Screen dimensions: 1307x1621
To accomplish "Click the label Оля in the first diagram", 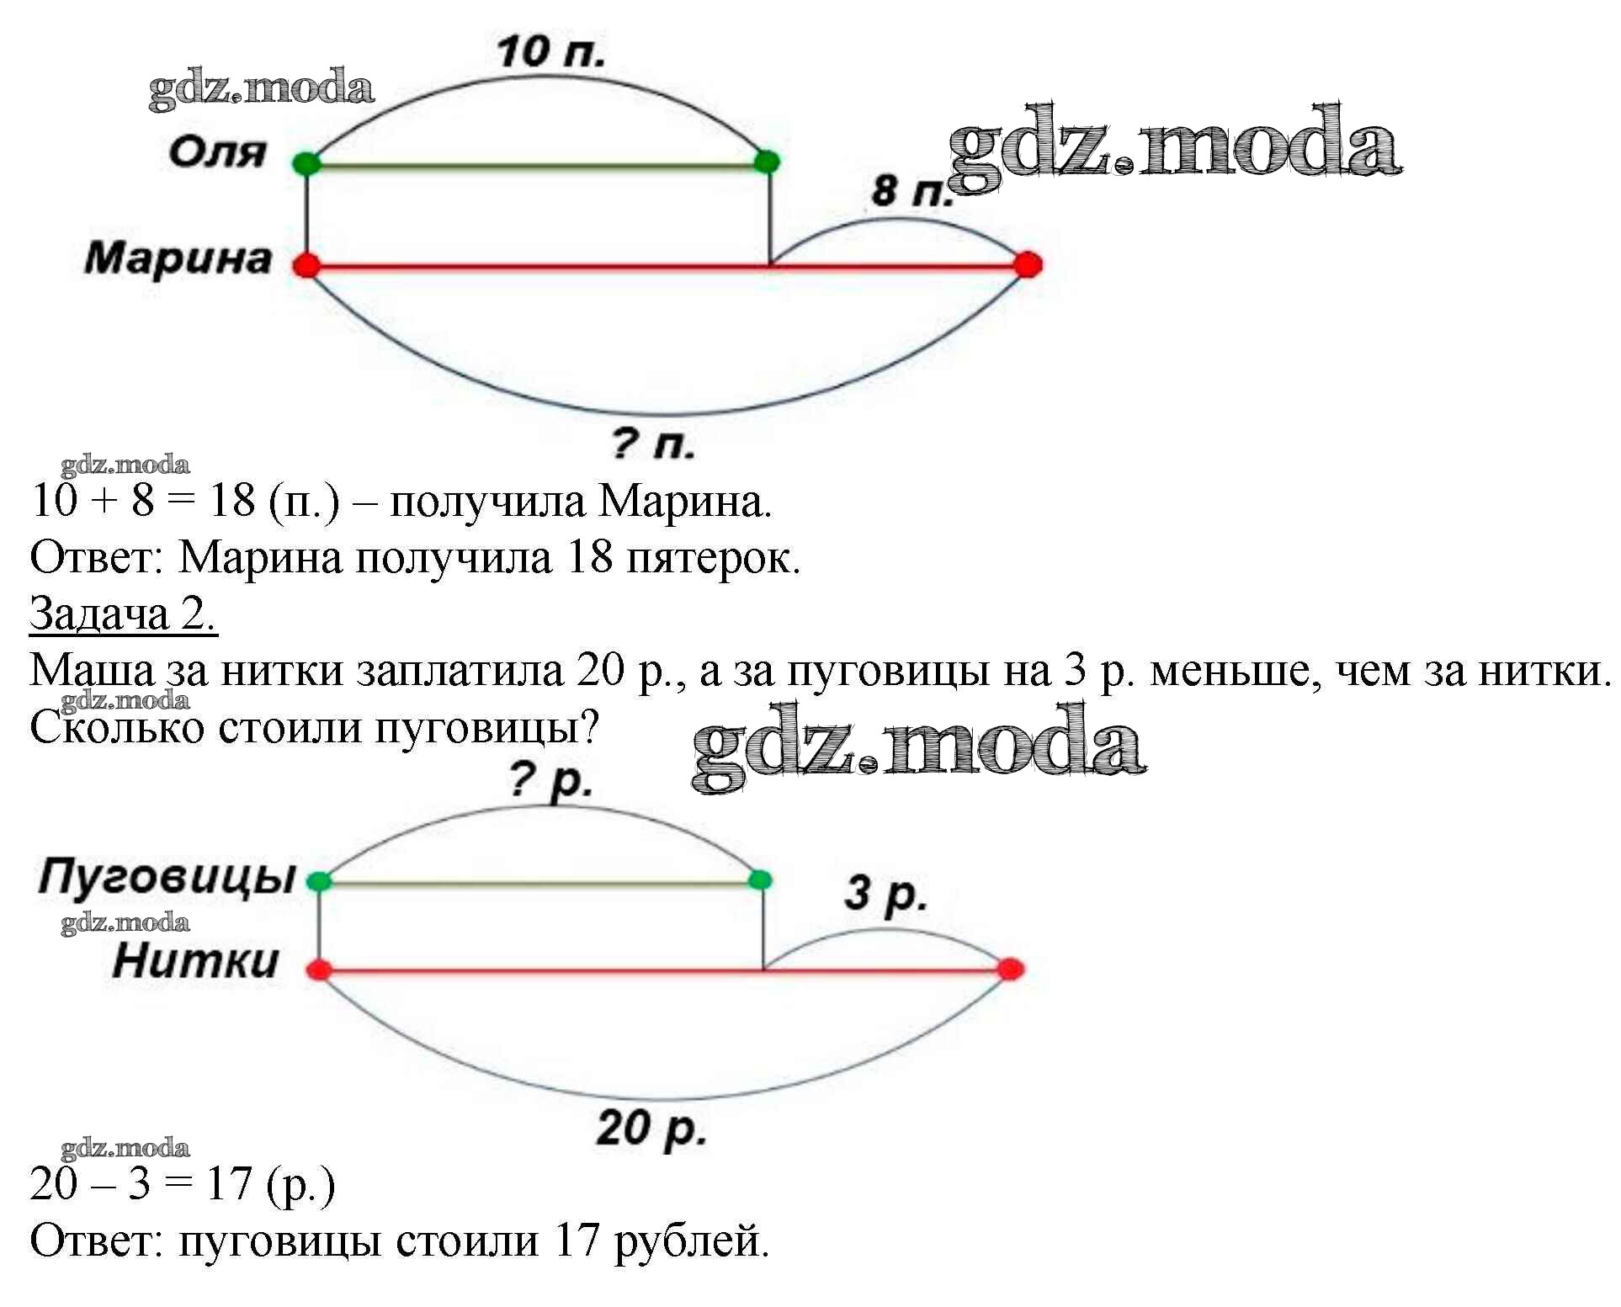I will click(217, 153).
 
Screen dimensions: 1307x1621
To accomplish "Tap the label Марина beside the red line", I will click(178, 258).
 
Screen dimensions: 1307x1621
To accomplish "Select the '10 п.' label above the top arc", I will click(550, 51).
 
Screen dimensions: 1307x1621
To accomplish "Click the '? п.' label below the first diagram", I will click(654, 444).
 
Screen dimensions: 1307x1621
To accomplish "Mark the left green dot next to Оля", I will click(307, 162).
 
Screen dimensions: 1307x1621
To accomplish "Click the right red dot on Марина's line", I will click(1027, 264).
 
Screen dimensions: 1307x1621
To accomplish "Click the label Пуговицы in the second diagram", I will click(167, 877).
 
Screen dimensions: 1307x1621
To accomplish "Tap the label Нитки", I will click(195, 961).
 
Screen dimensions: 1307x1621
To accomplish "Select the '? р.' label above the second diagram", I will click(551, 781).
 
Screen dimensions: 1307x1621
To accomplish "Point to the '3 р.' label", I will click(885, 894).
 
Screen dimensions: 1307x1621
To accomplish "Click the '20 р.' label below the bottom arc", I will click(651, 1129).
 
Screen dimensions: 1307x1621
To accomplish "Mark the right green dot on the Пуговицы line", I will click(759, 880).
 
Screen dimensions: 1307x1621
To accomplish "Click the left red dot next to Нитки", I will click(319, 970).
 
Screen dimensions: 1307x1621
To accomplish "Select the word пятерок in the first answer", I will click(711, 557).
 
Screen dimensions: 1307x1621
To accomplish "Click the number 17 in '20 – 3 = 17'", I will click(229, 1184).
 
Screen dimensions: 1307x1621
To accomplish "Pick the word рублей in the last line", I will click(691, 1241).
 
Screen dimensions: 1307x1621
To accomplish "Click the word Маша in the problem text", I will click(93, 671).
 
